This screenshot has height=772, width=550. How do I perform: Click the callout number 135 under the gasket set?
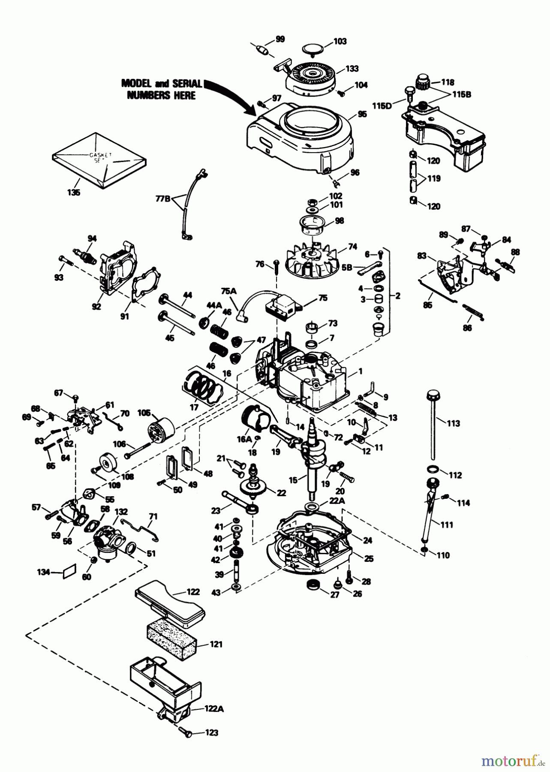(74, 193)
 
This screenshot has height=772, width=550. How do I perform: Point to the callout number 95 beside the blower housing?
(362, 115)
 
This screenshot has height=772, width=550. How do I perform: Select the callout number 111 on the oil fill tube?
(446, 525)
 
